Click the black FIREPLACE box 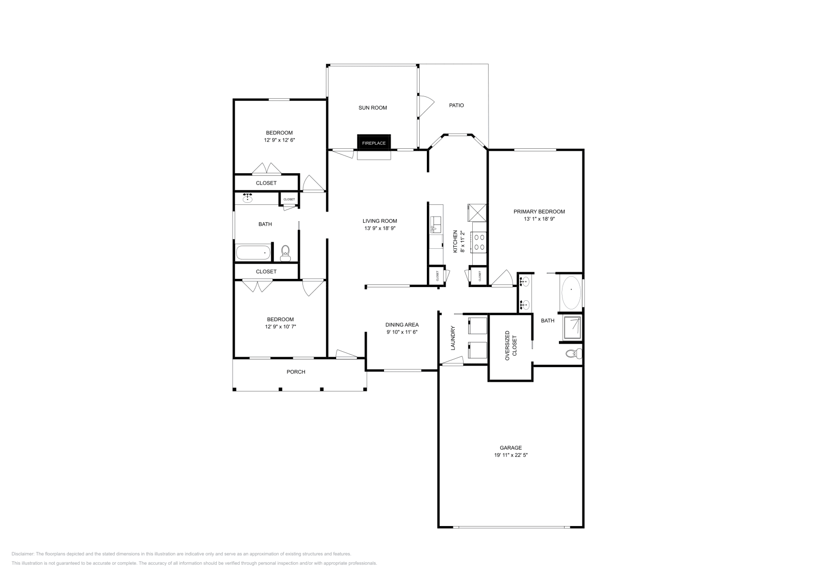pyautogui.click(x=374, y=143)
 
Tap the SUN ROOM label pyautogui.click(x=372, y=108)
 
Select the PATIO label pyautogui.click(x=456, y=106)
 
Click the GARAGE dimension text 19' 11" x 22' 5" pyautogui.click(x=511, y=455)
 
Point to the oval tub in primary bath pyautogui.click(x=571, y=292)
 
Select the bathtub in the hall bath pyautogui.click(x=253, y=252)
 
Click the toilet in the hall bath pyautogui.click(x=285, y=252)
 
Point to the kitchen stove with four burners pyautogui.click(x=479, y=242)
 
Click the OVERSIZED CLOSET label pyautogui.click(x=511, y=346)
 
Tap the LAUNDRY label pyautogui.click(x=452, y=338)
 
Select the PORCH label pyautogui.click(x=296, y=372)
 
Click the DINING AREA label pyautogui.click(x=402, y=325)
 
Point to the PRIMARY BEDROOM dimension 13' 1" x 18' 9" pyautogui.click(x=539, y=219)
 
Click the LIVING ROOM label pyautogui.click(x=380, y=221)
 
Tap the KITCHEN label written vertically pyautogui.click(x=455, y=242)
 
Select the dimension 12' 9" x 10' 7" pyautogui.click(x=280, y=326)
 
